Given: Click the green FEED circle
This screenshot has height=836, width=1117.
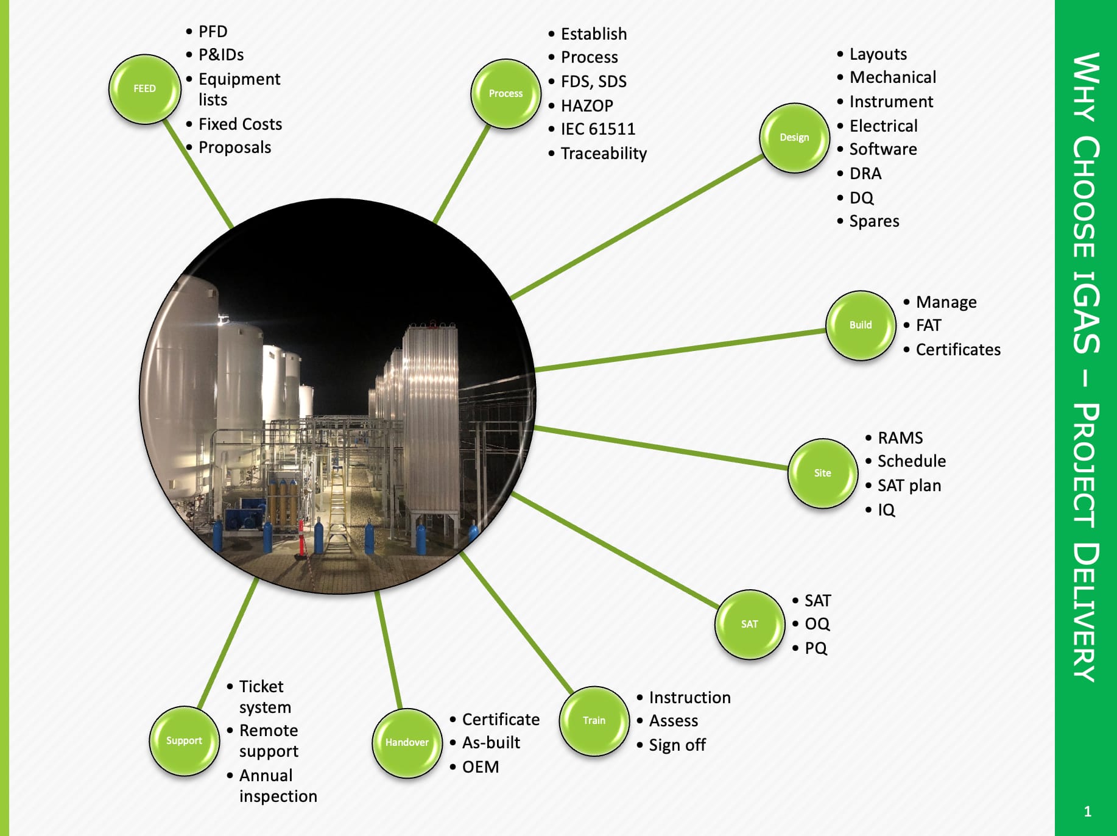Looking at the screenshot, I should [x=145, y=89].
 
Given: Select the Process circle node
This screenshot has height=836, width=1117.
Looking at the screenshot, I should [x=506, y=94].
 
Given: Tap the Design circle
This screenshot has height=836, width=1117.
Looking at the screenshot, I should [x=794, y=138].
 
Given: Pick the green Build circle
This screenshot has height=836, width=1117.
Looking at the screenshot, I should [x=861, y=325].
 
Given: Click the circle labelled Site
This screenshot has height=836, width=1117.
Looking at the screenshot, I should [x=822, y=473].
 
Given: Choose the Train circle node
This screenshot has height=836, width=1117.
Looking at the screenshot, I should [x=594, y=721].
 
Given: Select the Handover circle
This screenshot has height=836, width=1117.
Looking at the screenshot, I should [x=407, y=742].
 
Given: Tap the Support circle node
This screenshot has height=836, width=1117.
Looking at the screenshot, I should [x=184, y=741].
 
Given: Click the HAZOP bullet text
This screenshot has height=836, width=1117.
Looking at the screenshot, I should [x=587, y=106].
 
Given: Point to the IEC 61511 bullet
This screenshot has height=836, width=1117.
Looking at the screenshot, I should [x=597, y=129].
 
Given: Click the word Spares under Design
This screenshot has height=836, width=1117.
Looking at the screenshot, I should [x=874, y=221].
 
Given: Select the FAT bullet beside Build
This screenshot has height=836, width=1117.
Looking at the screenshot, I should [x=928, y=325].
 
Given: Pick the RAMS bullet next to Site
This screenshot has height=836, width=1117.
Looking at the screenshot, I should [x=900, y=438].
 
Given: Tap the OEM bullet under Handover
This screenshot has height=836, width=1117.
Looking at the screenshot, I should [x=480, y=767].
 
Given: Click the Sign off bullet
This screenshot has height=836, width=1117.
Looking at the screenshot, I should [x=677, y=745].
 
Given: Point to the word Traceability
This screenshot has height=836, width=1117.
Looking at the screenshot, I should [x=603, y=154].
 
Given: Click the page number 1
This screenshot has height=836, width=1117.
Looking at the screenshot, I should [x=1087, y=812].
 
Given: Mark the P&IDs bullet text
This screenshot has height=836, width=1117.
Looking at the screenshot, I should [x=220, y=55].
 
